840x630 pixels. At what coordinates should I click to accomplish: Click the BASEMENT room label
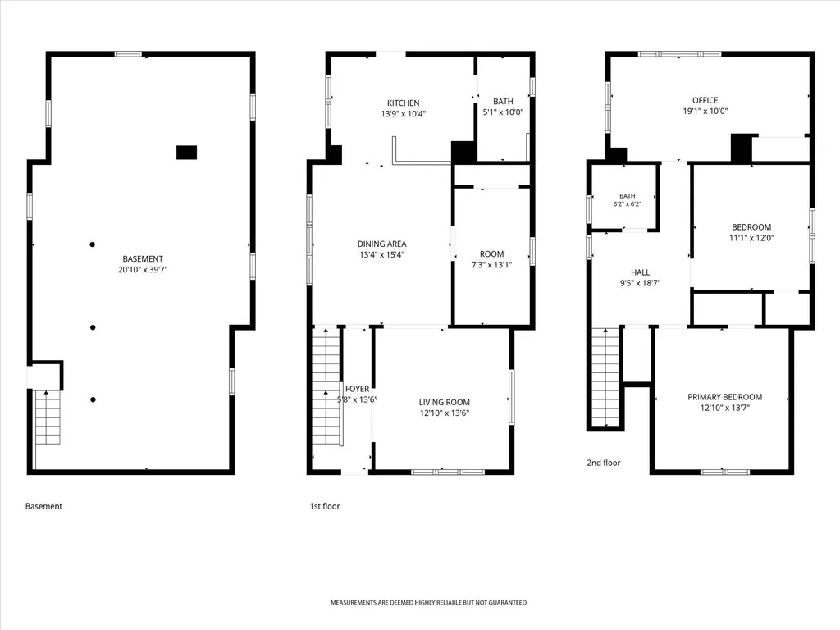[x=143, y=258]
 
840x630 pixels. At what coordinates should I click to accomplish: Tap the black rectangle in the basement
[x=186, y=153]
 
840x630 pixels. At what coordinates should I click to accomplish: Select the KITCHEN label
[x=404, y=103]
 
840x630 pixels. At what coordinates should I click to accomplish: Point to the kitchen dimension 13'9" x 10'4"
[x=404, y=113]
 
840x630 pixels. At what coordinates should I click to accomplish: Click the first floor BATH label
[x=503, y=101]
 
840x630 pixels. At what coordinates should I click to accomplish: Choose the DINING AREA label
[x=382, y=244]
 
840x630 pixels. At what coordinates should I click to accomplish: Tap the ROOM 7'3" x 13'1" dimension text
[x=492, y=265]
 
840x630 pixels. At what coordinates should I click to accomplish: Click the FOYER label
[x=358, y=389]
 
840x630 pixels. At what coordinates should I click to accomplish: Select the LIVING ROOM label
[x=444, y=402]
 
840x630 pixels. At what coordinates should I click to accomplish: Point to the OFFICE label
[x=705, y=100]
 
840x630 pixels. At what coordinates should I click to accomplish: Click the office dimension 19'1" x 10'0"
[x=705, y=111]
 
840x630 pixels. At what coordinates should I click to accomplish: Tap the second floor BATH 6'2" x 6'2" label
[x=628, y=200]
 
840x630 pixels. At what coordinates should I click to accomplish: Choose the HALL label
[x=640, y=272]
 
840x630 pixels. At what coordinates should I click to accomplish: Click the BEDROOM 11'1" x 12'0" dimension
[x=751, y=238]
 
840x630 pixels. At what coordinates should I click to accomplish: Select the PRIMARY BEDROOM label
[x=725, y=397]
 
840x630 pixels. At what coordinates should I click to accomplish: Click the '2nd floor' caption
[x=603, y=463]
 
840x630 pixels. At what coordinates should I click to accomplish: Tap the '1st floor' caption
[x=325, y=506]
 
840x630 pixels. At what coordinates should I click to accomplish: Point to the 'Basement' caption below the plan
[x=44, y=506]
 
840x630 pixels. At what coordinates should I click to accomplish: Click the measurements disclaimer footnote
[x=428, y=603]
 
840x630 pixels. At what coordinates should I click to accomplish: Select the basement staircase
[x=48, y=418]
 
